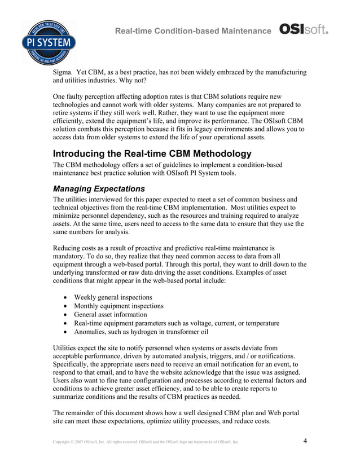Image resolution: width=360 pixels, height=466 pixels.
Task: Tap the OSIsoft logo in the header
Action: [304, 29]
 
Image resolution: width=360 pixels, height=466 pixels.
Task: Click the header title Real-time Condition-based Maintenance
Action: [192, 30]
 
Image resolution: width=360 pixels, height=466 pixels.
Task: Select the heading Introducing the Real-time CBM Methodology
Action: [152, 153]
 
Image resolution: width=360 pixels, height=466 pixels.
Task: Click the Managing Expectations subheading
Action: [99, 188]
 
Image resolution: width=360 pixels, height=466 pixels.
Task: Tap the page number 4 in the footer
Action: [305, 441]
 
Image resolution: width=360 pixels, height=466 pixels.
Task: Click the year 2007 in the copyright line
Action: [77, 442]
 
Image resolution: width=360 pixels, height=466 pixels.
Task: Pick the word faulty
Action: [79, 96]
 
